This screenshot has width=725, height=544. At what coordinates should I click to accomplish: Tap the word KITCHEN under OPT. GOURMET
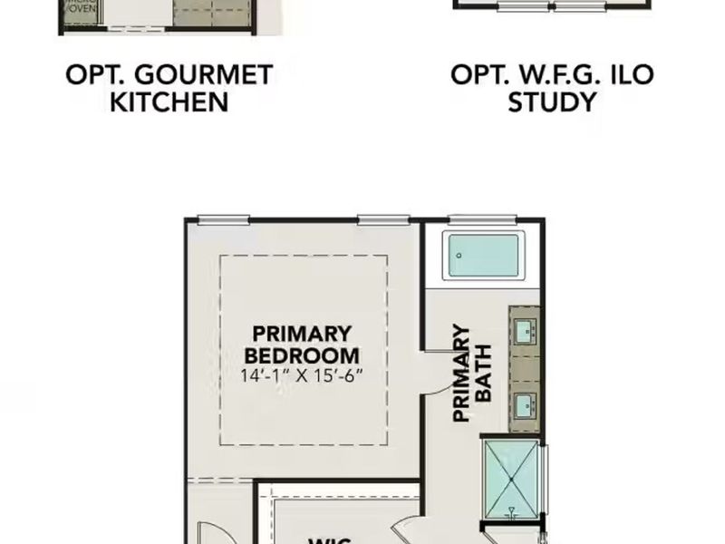pos(169,102)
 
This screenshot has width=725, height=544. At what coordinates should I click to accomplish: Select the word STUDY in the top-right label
pos(552,102)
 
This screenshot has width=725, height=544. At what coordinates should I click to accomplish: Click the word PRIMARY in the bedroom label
pos(302,333)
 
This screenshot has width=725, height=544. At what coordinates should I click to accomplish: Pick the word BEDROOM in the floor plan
pos(302,355)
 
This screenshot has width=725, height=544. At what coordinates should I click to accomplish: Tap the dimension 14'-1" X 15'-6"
pos(302,376)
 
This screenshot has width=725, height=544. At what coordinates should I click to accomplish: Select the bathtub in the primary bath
pos(485,256)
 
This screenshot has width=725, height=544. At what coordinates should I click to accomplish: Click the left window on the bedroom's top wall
pos(223,219)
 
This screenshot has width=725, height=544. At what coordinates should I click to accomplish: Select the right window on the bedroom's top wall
pos(383,219)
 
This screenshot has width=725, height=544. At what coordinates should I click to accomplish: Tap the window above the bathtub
pos(483,219)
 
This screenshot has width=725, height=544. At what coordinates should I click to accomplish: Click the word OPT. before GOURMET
pos(93,74)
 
